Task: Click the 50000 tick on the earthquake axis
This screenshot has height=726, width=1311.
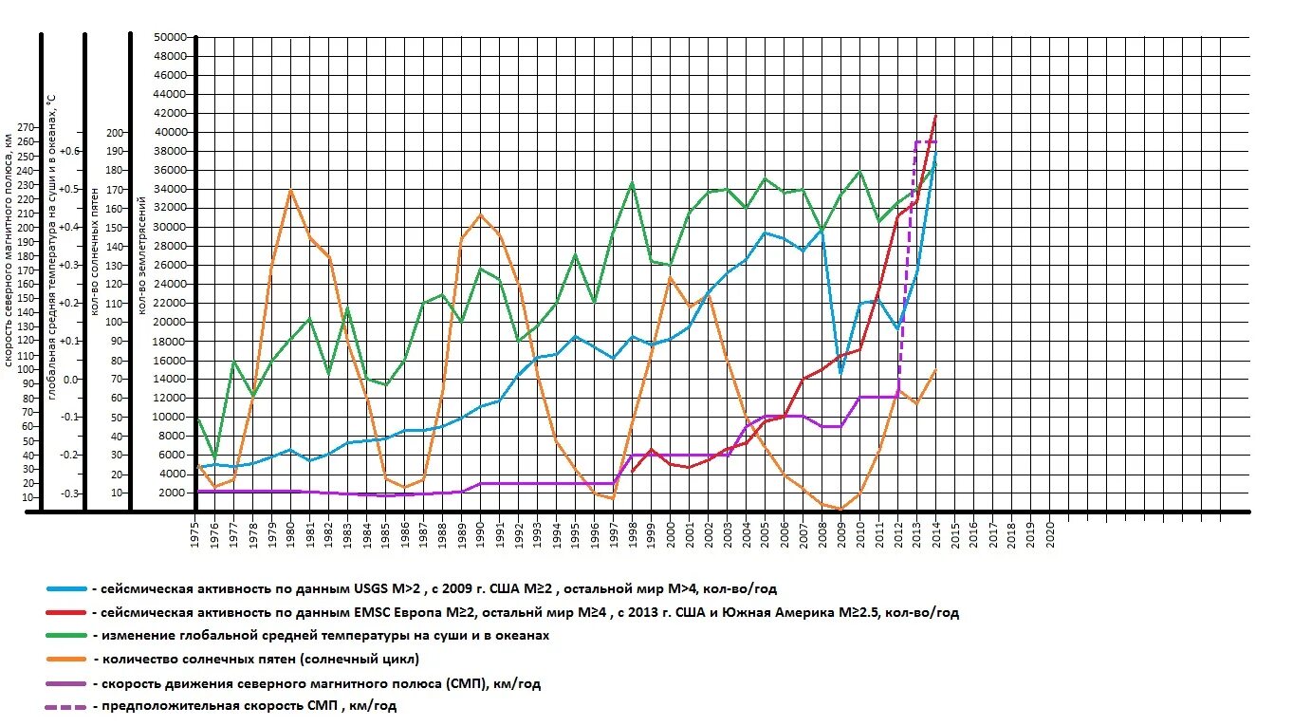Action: coord(171,37)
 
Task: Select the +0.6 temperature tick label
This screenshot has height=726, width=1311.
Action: coord(69,151)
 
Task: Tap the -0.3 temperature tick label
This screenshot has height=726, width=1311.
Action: coord(69,493)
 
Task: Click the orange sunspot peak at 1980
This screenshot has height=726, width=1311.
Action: coord(290,190)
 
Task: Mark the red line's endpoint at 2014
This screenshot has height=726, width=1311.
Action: coord(936,115)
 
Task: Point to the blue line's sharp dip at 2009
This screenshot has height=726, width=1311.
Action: coord(840,373)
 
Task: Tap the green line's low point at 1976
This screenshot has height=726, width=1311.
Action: coord(214,458)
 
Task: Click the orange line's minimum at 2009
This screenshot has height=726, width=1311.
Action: coord(840,510)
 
